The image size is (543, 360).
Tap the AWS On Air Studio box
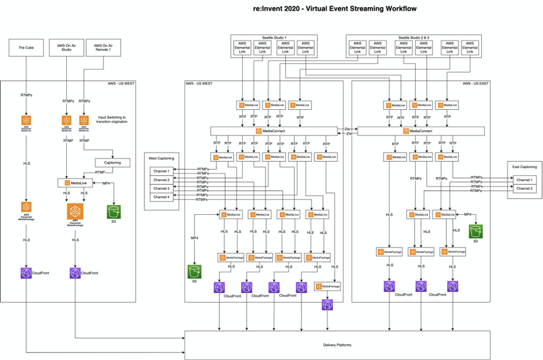pos(66,48)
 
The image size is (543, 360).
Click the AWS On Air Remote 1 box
pos(102,48)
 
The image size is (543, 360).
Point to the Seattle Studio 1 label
pos(274,38)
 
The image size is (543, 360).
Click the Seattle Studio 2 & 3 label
pos(413,38)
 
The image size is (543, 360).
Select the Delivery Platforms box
pos(337,345)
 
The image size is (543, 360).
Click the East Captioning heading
pos(524,167)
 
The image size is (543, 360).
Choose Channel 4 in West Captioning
pos(161,197)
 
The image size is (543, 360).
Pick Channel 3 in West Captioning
pos(161,188)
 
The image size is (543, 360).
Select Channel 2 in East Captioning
pos(524,188)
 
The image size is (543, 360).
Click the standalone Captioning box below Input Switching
pos(112,163)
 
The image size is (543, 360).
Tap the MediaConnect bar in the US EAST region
pos(420,132)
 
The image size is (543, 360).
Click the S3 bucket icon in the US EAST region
pos(475,231)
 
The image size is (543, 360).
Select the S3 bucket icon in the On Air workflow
pos(114,212)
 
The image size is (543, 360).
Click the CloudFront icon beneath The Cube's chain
pos(25,272)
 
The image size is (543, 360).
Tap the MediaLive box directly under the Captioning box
pos(75,183)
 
